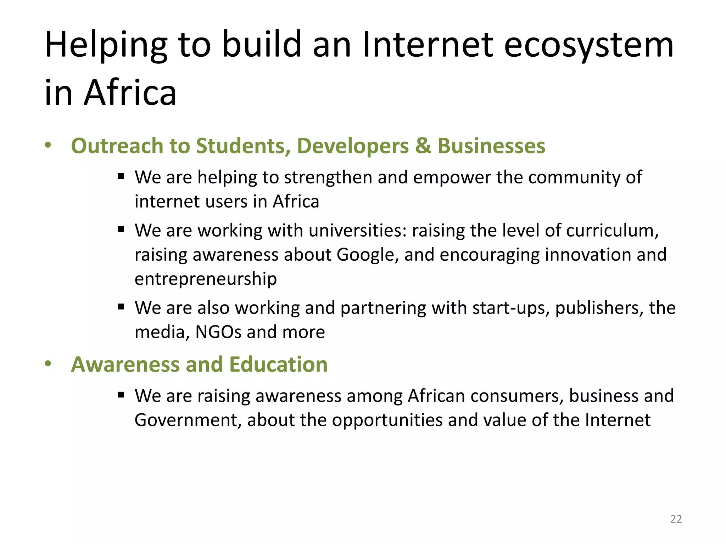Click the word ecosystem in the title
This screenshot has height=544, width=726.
tap(588, 45)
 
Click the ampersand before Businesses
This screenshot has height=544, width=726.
tap(423, 146)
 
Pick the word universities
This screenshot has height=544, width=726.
tap(358, 231)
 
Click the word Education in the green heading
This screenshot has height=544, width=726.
tap(278, 364)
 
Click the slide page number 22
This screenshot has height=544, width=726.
tap(676, 519)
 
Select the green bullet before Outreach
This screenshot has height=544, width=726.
tap(48, 145)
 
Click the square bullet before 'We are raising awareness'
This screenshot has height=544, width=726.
tap(121, 395)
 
